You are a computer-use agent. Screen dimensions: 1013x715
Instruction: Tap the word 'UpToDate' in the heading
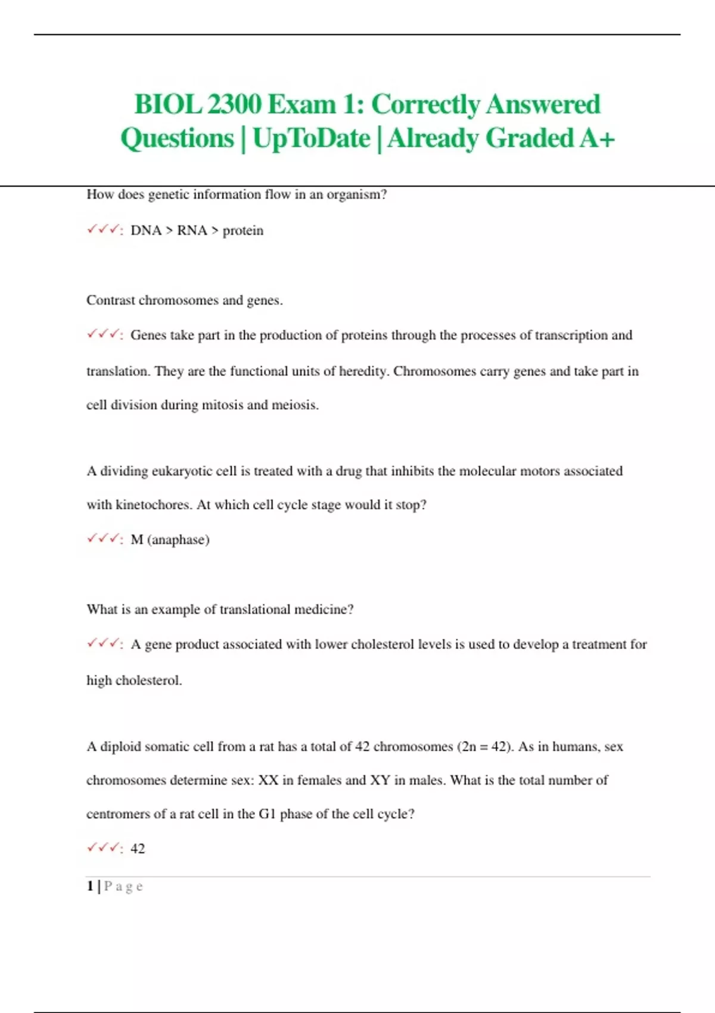[311, 138]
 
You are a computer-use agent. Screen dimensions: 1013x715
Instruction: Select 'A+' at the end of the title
[596, 138]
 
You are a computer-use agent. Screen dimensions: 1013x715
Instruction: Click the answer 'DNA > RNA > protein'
[197, 231]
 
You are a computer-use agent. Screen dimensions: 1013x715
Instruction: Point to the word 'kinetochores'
[154, 505]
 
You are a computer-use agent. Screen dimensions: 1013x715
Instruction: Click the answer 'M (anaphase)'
[170, 540]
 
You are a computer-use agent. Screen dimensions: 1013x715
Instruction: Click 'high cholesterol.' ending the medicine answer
[134, 680]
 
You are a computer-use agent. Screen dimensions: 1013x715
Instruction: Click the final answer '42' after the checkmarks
[138, 849]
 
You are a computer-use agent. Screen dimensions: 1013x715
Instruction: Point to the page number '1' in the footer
[90, 886]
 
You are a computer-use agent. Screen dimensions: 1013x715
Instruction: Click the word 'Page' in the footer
[124, 887]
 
